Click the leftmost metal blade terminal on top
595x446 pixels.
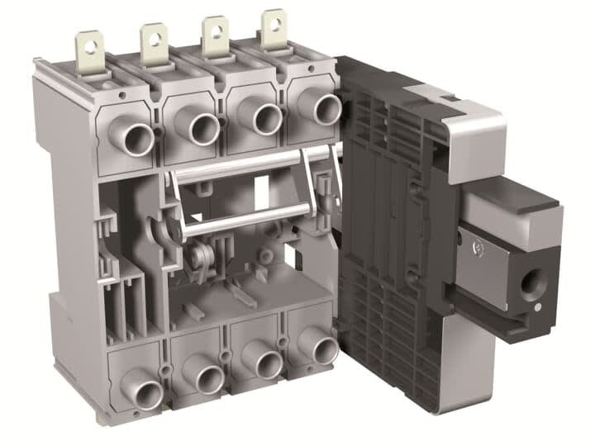point(88,47)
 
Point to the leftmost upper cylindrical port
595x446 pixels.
point(136,136)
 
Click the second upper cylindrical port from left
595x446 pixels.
point(202,127)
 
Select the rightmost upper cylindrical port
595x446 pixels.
point(324,108)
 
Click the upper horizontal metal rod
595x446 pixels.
point(248,165)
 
